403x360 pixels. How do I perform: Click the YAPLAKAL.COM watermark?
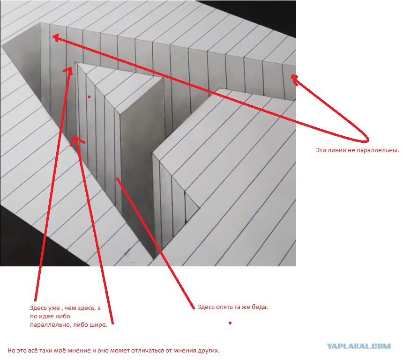(358, 346)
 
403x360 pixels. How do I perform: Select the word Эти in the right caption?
(321, 150)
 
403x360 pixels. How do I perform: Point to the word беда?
(259, 307)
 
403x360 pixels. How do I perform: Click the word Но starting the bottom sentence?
(11, 350)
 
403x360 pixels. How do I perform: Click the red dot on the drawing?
(89, 97)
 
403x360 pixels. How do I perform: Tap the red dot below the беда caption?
(230, 323)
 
